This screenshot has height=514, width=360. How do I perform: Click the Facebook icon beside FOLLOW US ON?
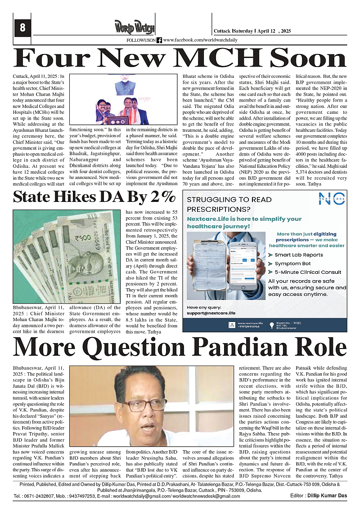point(159,40)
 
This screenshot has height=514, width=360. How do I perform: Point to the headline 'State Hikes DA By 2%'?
point(94,197)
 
